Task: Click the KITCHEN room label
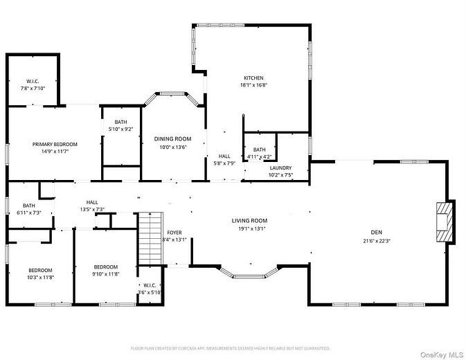click(x=253, y=78)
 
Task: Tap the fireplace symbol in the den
click(x=445, y=222)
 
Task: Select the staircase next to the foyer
click(x=150, y=239)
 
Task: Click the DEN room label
click(x=377, y=233)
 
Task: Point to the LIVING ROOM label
click(x=249, y=221)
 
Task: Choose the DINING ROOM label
click(x=172, y=138)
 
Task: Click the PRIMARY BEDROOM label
click(x=55, y=144)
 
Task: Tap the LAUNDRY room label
click(x=280, y=168)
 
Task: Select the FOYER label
click(x=174, y=233)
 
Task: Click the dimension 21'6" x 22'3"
click(x=377, y=241)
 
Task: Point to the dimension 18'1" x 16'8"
click(x=253, y=85)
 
